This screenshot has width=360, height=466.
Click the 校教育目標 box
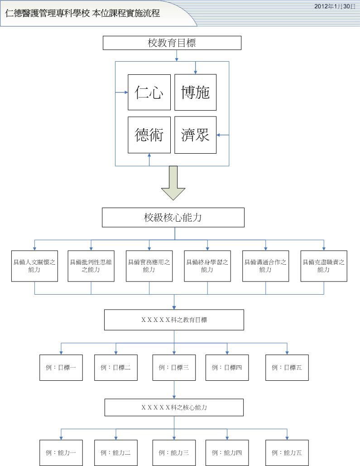click(x=172, y=43)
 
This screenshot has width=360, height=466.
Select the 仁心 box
click(x=149, y=92)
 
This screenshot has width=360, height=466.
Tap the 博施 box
click(x=196, y=92)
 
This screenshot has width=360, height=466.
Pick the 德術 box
click(x=149, y=135)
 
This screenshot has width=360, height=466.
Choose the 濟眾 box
click(x=196, y=135)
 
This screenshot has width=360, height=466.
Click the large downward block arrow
click(x=173, y=183)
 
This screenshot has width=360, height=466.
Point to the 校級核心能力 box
click(x=173, y=218)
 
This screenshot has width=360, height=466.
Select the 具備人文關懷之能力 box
click(x=34, y=266)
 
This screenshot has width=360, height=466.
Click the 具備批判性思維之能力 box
click(x=91, y=266)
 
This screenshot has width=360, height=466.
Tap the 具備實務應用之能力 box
click(x=149, y=266)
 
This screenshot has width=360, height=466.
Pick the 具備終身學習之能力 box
click(x=207, y=266)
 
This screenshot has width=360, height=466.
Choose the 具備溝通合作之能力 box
click(x=265, y=266)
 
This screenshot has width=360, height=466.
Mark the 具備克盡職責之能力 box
click(x=324, y=266)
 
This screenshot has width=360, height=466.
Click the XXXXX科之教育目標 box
click(x=174, y=320)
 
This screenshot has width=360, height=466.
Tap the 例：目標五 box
click(x=287, y=368)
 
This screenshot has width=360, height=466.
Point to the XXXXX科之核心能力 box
click(x=174, y=408)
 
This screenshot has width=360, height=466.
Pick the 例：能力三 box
click(x=174, y=452)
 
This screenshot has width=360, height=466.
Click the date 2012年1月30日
click(x=335, y=6)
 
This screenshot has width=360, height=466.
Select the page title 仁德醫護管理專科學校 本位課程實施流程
click(x=82, y=13)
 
